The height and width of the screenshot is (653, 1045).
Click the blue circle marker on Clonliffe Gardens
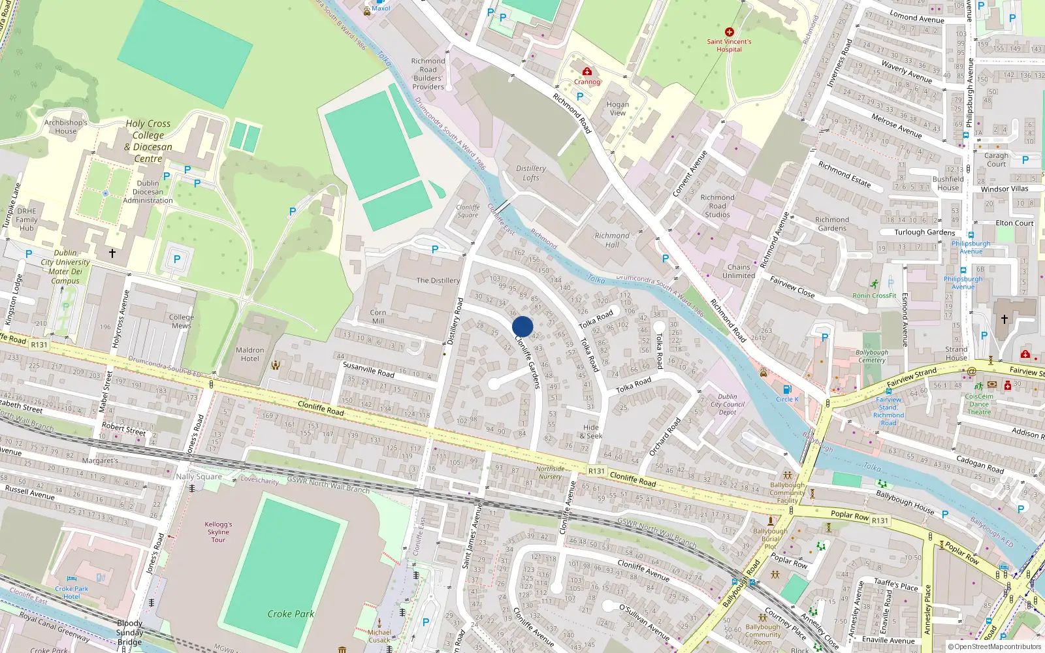click(522, 326)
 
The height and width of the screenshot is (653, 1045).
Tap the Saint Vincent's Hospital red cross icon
click(730, 32)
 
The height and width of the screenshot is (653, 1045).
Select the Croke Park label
click(291, 614)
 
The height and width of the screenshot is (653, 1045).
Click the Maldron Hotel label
click(249, 354)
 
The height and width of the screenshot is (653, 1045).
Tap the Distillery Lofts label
click(531, 173)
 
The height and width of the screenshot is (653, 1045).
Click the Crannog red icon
click(587, 71)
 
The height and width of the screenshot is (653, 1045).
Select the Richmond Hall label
click(612, 240)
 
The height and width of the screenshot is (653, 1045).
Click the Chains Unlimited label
click(739, 271)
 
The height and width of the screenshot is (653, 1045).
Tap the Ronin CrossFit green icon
click(875, 284)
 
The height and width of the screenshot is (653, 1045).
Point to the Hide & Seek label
click(591, 432)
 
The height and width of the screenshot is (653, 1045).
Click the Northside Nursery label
click(550, 472)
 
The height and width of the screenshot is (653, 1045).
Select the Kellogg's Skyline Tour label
click(218, 532)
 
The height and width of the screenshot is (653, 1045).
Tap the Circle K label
click(787, 399)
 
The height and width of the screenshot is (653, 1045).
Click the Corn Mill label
click(378, 317)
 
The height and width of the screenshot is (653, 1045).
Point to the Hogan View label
click(617, 108)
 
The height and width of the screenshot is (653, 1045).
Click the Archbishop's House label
click(65, 127)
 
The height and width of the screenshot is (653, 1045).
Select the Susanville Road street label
click(368, 370)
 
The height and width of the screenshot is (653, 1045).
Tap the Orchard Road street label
click(665, 436)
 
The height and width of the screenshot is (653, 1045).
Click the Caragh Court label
click(996, 159)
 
